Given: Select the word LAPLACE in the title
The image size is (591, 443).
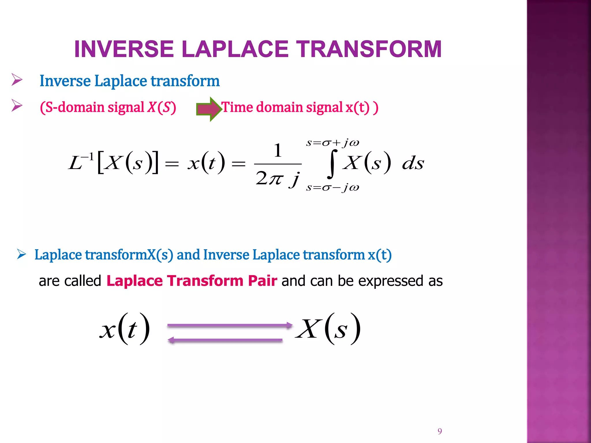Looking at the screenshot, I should coord(235,49).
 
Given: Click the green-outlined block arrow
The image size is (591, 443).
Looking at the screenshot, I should coord(209,109).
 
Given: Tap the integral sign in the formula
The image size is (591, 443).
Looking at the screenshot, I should coord(332,164).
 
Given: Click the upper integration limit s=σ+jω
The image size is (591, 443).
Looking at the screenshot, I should coord(332,143).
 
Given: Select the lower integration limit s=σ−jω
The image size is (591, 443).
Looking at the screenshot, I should coord(332,188).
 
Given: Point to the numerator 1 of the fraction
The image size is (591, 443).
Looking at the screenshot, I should coord(278,150).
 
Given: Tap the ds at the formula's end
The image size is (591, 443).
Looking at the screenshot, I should coord(413,164).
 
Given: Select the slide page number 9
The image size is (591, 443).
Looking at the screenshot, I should coord(439,431).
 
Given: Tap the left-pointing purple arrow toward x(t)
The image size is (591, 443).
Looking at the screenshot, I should coord(225,341).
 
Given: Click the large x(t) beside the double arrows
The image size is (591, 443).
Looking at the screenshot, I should coord(125,329).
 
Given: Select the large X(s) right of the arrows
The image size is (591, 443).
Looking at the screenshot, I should coord(328,329).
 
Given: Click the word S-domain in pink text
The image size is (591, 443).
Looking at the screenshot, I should coord(75,107).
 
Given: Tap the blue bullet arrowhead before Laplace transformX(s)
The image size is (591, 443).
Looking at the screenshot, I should coord(22,254).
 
